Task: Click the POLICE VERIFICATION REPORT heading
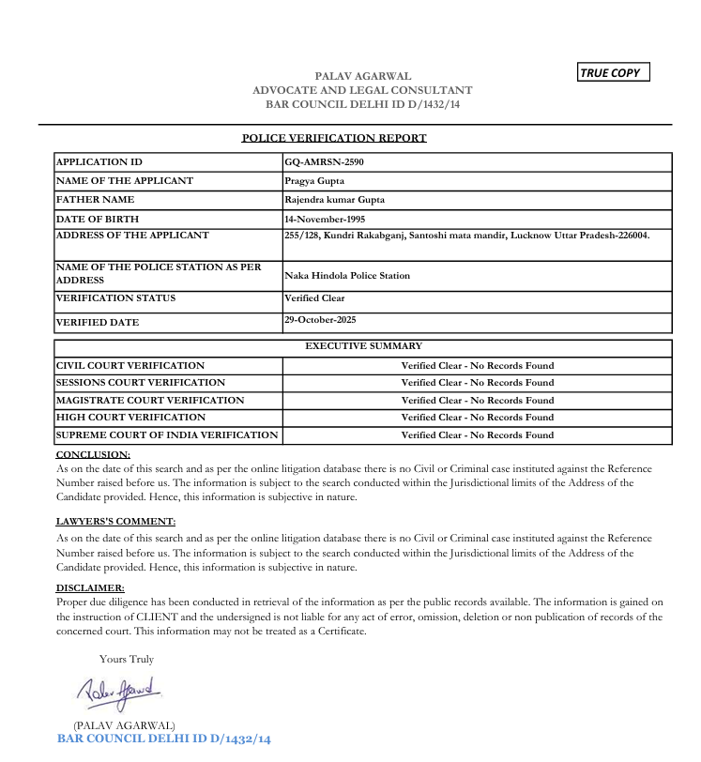click(334, 138)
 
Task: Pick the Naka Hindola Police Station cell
click(347, 276)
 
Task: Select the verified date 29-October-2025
click(320, 320)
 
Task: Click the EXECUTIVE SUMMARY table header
click(363, 346)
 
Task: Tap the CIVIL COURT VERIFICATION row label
click(130, 365)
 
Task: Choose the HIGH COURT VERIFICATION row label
click(130, 417)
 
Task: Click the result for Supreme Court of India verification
click(478, 434)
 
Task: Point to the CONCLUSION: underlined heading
click(93, 454)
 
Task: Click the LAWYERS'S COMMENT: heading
click(115, 521)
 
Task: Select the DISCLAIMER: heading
click(90, 587)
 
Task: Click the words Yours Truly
click(127, 659)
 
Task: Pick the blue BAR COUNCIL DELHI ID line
click(164, 739)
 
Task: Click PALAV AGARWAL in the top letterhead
click(363, 76)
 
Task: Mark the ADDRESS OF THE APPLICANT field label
click(132, 236)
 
